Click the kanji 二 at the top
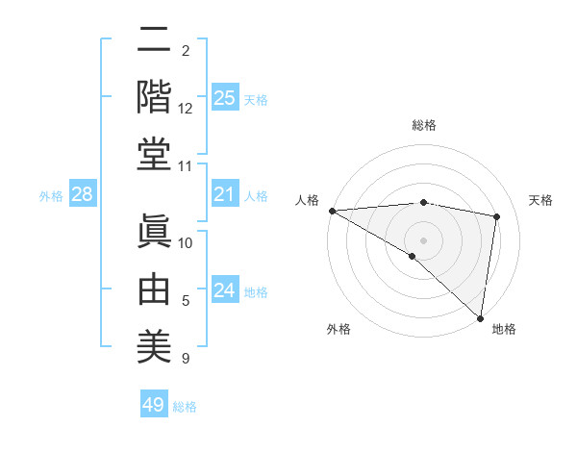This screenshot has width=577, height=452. (x=155, y=40)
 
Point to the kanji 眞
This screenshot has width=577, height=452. (x=155, y=231)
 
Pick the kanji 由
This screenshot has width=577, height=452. (x=155, y=289)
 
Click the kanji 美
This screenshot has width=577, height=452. (x=155, y=344)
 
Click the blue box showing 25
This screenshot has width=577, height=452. (x=224, y=98)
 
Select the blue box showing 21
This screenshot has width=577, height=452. (x=224, y=195)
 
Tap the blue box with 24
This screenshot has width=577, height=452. (x=224, y=291)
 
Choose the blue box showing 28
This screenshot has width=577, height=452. (x=83, y=195)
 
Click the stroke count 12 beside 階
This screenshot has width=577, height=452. (x=186, y=109)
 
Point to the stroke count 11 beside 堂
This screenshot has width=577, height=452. (x=186, y=166)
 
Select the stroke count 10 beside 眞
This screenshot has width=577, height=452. (x=186, y=243)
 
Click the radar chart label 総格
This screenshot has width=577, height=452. (x=424, y=125)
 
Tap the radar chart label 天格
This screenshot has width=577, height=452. (x=541, y=200)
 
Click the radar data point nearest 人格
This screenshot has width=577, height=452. (x=332, y=210)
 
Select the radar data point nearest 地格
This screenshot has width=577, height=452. (x=480, y=317)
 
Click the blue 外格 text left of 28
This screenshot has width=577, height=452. (x=51, y=196)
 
